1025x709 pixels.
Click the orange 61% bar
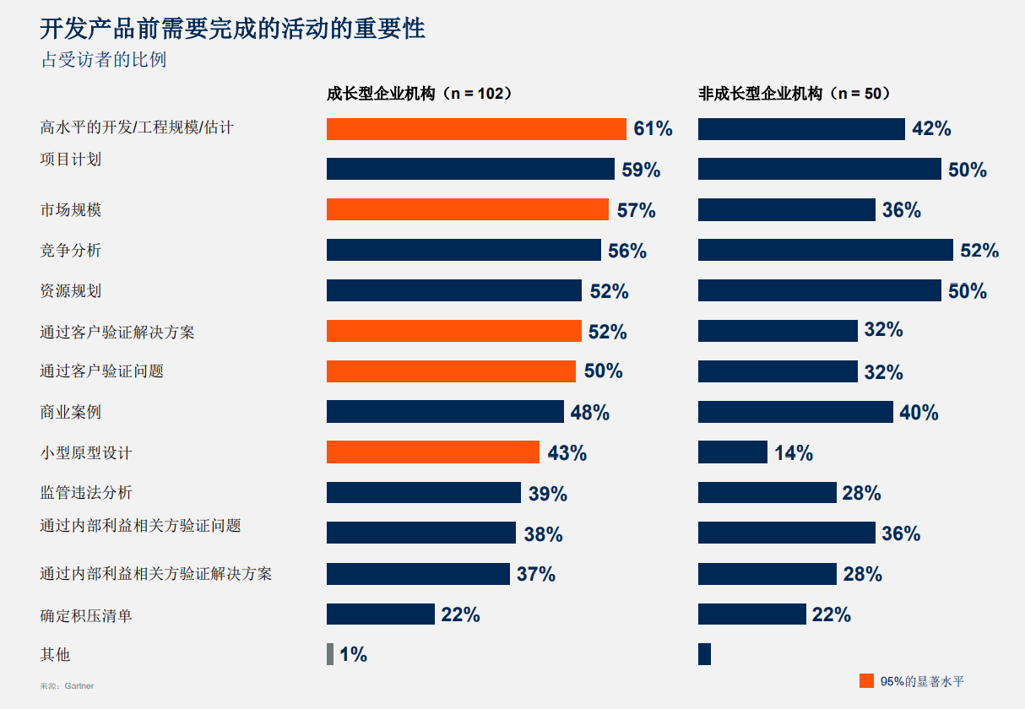(x=476, y=129)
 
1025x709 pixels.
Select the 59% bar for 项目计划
(x=470, y=169)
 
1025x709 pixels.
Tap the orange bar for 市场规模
(x=467, y=209)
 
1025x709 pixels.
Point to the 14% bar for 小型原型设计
(x=732, y=452)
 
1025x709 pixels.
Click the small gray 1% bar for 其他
(x=330, y=654)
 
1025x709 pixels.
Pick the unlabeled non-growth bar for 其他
(x=704, y=654)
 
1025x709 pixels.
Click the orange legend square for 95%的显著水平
(x=866, y=681)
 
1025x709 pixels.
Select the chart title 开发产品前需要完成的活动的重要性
(x=233, y=29)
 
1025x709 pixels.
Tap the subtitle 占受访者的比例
(x=104, y=61)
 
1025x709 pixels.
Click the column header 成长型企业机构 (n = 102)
(x=420, y=94)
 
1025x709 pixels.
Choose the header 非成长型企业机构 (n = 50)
(x=795, y=94)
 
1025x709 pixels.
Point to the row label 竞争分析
(x=71, y=251)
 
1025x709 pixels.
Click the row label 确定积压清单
(x=86, y=615)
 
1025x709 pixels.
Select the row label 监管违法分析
(x=86, y=493)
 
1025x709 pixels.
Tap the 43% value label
(x=567, y=453)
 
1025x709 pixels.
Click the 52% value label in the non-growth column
(x=979, y=251)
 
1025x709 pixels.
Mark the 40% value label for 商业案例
(x=919, y=413)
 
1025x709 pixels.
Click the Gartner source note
(x=67, y=686)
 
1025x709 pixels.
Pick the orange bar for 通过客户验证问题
(x=451, y=371)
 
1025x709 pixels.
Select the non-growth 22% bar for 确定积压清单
(x=751, y=614)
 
